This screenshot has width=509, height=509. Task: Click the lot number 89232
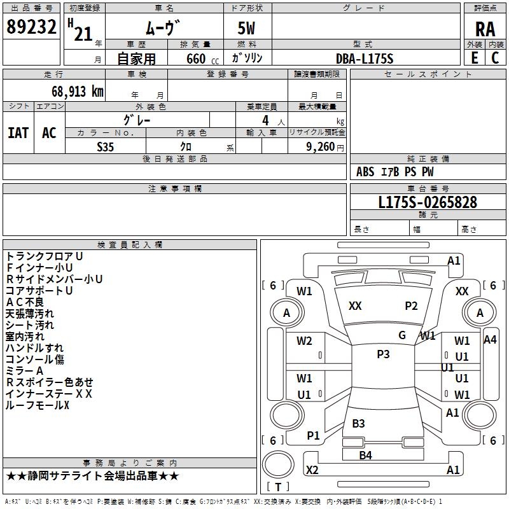tap(31, 27)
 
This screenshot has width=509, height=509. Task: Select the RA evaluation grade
tap(485, 29)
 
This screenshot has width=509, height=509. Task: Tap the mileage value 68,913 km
tap(78, 92)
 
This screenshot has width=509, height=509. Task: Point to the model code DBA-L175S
tap(365, 59)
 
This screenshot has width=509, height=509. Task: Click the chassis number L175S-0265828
tap(428, 202)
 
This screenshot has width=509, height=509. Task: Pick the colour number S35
tap(105, 147)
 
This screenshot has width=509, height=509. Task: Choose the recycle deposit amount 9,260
tap(321, 147)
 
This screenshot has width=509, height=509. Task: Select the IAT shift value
tap(18, 133)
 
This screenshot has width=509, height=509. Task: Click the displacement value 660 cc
tap(202, 59)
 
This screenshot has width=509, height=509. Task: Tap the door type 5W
tap(246, 28)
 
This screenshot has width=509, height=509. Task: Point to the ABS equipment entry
tap(365, 172)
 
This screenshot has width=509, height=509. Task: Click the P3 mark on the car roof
tap(383, 354)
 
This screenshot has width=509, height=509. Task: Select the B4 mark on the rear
tap(365, 456)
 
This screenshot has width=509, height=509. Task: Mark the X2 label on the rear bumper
tap(312, 470)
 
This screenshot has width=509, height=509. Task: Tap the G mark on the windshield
tap(402, 335)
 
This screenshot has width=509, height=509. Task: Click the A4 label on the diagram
tap(490, 340)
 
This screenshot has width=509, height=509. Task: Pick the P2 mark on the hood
tap(411, 306)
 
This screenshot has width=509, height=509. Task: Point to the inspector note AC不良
tap(25, 302)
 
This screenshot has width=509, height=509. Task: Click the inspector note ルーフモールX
tap(38, 405)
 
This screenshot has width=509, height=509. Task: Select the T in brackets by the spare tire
tap(278, 487)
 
